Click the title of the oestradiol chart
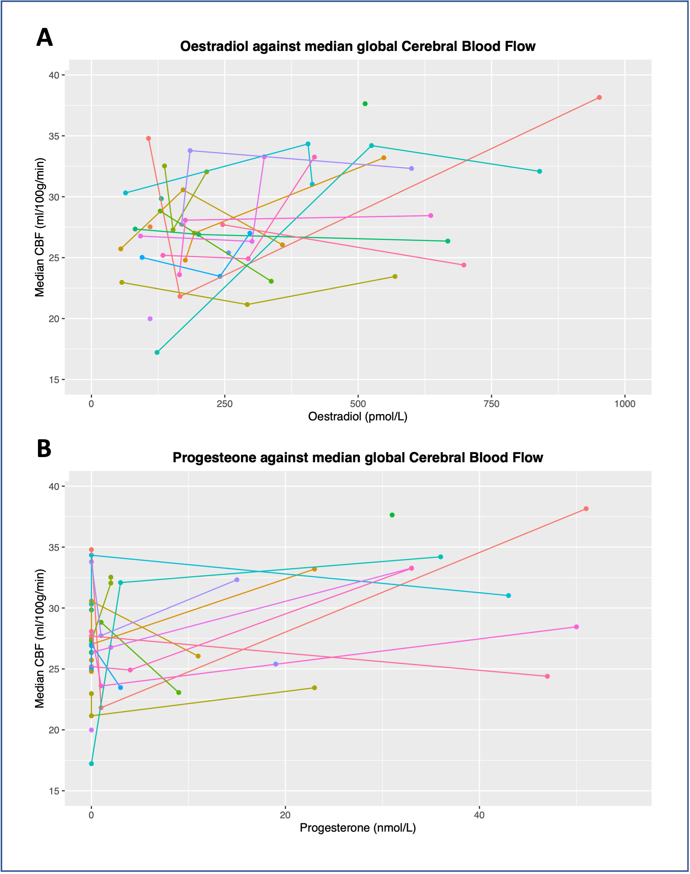click(x=358, y=46)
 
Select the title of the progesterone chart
click(x=358, y=458)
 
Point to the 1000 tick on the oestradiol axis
click(x=624, y=404)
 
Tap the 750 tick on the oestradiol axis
click(x=491, y=404)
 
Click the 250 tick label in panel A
click(x=225, y=404)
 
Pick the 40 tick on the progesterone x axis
click(x=479, y=815)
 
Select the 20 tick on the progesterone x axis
click(x=285, y=815)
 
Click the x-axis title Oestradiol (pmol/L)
click(x=358, y=416)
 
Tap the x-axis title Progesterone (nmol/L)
click(x=358, y=828)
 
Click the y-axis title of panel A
click(x=39, y=227)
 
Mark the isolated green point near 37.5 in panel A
click(x=365, y=104)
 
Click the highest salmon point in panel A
click(x=599, y=97)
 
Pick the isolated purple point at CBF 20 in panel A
click(x=150, y=319)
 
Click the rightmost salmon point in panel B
click(x=586, y=509)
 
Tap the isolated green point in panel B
click(x=392, y=515)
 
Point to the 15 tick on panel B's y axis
click(x=54, y=791)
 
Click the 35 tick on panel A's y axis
click(x=54, y=136)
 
